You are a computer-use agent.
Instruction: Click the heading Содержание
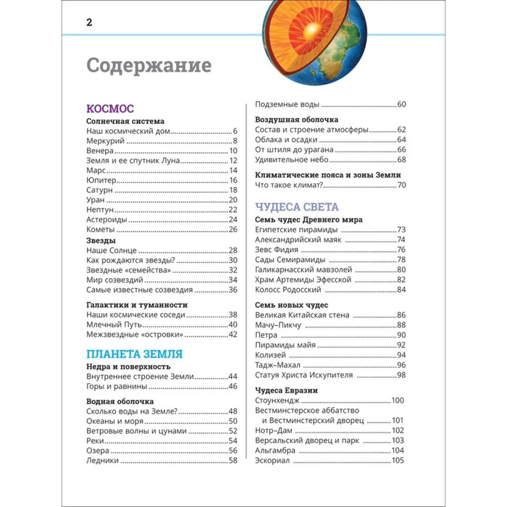[x=148, y=65]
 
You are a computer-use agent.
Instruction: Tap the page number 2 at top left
[x=89, y=22]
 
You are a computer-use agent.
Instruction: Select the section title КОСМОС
[x=109, y=108]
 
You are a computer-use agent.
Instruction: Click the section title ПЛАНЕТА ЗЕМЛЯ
[x=134, y=353]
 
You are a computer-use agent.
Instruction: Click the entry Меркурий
[x=106, y=141]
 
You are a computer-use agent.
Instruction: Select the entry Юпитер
[x=101, y=180]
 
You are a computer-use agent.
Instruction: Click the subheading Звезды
[x=101, y=240]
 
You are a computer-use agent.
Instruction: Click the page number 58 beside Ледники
[x=233, y=460]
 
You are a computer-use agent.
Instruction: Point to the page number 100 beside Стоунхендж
[x=398, y=401]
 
